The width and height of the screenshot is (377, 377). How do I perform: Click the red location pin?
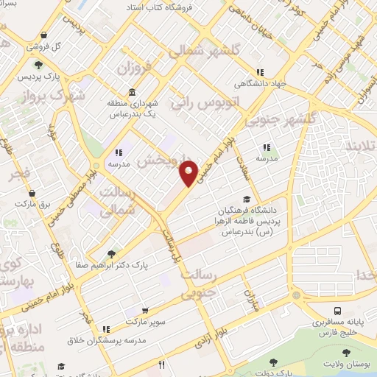pyautogui.click(x=188, y=172)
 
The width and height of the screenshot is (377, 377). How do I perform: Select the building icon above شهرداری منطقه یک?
pyautogui.click(x=131, y=93)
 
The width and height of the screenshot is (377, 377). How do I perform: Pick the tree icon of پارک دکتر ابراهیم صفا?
pyautogui.click(x=110, y=253)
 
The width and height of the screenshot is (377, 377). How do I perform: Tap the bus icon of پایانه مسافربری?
pyautogui.click(x=336, y=311)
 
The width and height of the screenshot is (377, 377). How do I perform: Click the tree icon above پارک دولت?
pyautogui.click(x=274, y=362)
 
